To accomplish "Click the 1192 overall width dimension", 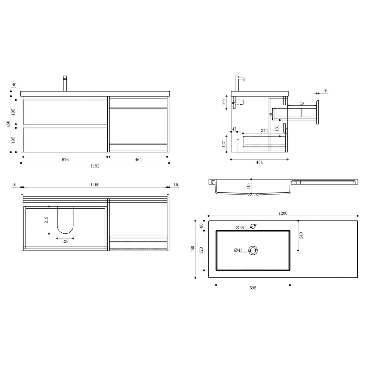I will click(95, 166).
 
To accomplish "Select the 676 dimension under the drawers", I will click(65, 160).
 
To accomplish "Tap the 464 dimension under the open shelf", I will click(138, 160).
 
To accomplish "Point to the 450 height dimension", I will click(8, 124).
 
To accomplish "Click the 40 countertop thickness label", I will click(14, 85).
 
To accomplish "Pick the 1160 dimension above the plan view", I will click(95, 184).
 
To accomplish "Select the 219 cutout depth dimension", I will click(46, 220).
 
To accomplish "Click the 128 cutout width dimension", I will click(65, 241).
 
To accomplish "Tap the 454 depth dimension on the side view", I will click(259, 162).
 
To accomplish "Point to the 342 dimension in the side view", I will click(264, 131).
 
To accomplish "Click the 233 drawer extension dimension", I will click(302, 104).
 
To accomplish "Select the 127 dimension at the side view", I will click(224, 144).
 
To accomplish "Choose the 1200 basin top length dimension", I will click(283, 213).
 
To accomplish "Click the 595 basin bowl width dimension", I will click(253, 288).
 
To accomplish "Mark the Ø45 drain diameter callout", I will click(238, 250).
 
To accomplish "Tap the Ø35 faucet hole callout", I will click(240, 228).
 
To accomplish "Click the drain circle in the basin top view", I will click(253, 250).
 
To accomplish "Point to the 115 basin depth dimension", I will click(248, 186).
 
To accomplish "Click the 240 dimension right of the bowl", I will click(301, 235).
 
